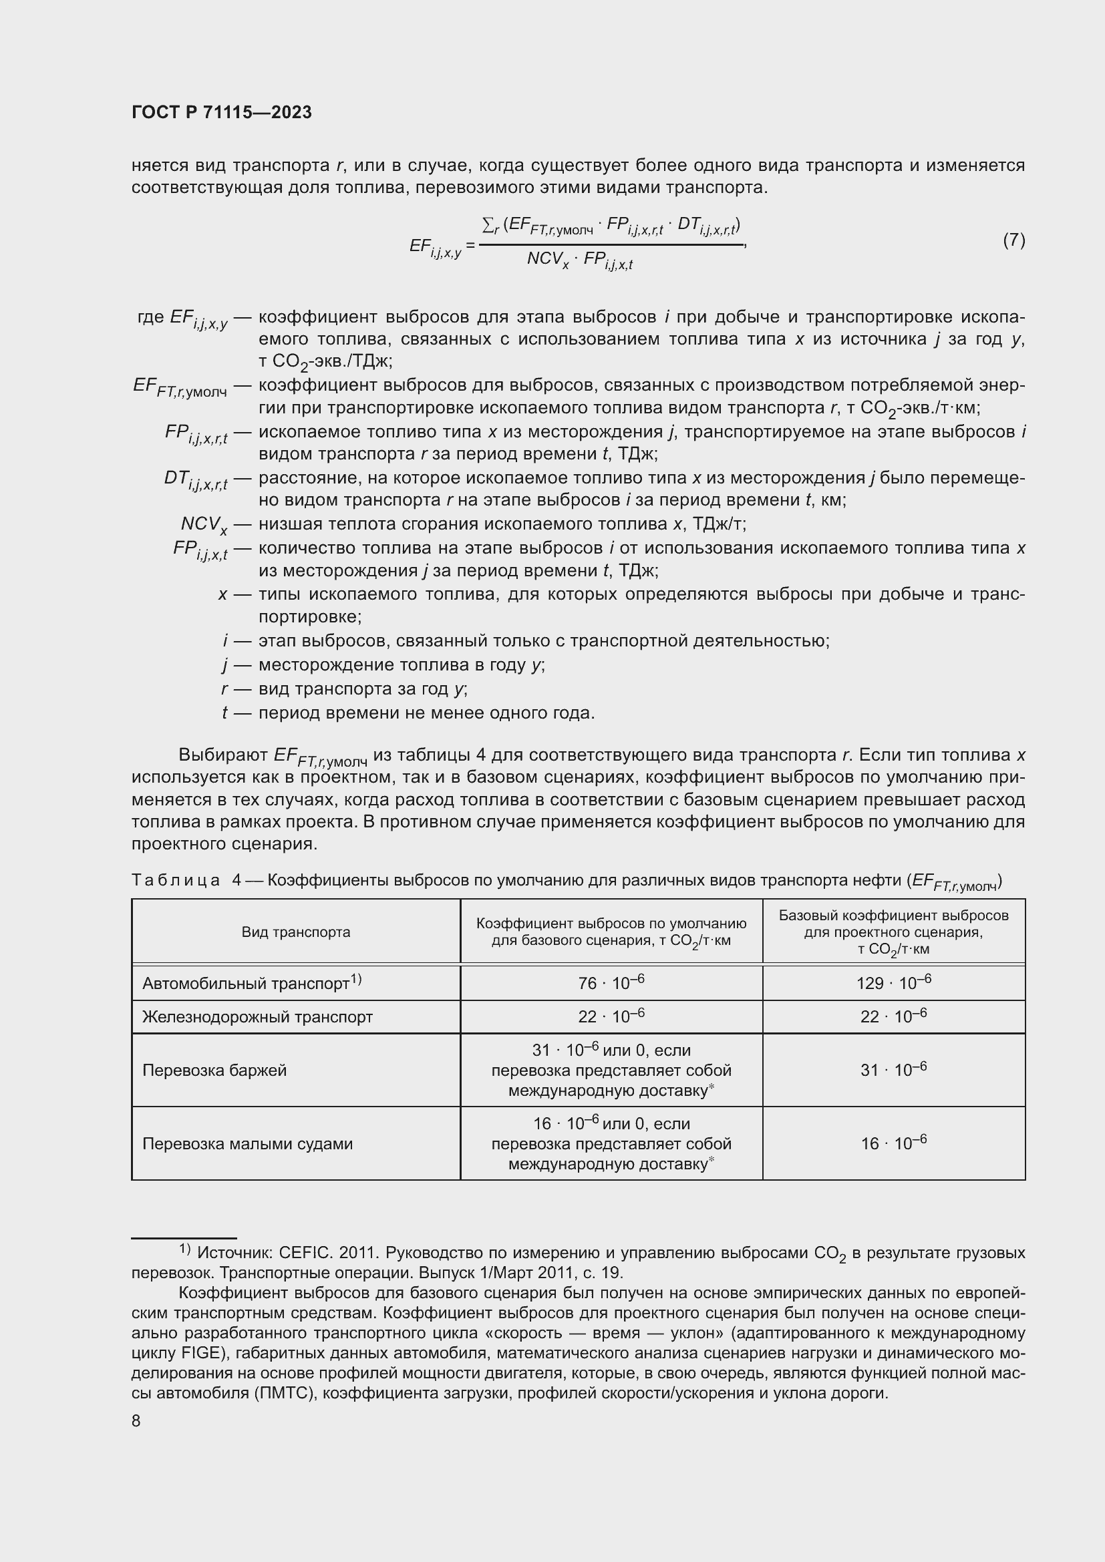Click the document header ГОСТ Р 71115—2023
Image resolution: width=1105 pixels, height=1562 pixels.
tap(222, 112)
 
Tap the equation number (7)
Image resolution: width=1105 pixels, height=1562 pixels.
tap(1013, 240)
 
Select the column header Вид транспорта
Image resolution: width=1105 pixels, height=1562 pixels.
tap(296, 932)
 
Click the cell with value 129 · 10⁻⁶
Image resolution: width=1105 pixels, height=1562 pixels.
tap(893, 982)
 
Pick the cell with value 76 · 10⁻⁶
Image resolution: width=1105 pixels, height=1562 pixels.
tap(611, 982)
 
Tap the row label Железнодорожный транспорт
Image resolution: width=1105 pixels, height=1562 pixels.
tap(257, 1017)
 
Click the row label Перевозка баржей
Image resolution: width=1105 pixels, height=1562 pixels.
tap(214, 1070)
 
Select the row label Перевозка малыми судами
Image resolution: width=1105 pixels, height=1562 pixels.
tap(247, 1143)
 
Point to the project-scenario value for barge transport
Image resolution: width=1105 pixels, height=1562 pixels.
tap(893, 1070)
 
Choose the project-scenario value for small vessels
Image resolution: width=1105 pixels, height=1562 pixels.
tap(893, 1143)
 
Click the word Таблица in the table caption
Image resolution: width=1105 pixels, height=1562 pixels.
tap(176, 880)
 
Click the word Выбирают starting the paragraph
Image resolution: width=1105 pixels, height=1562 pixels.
tap(222, 755)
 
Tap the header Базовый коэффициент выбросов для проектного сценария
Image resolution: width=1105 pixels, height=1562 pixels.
tap(893, 932)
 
